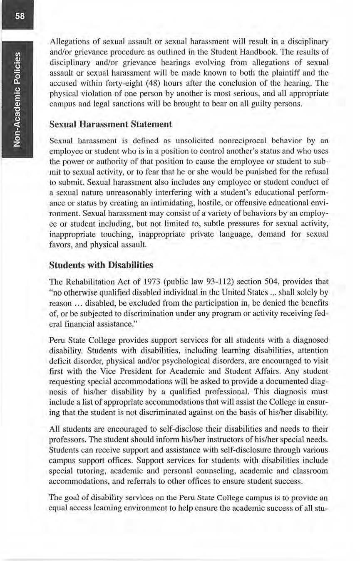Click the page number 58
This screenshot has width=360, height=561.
pos(18,16)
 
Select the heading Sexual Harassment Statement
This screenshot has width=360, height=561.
pos(110,124)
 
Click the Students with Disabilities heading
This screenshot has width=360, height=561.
pos(101,265)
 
